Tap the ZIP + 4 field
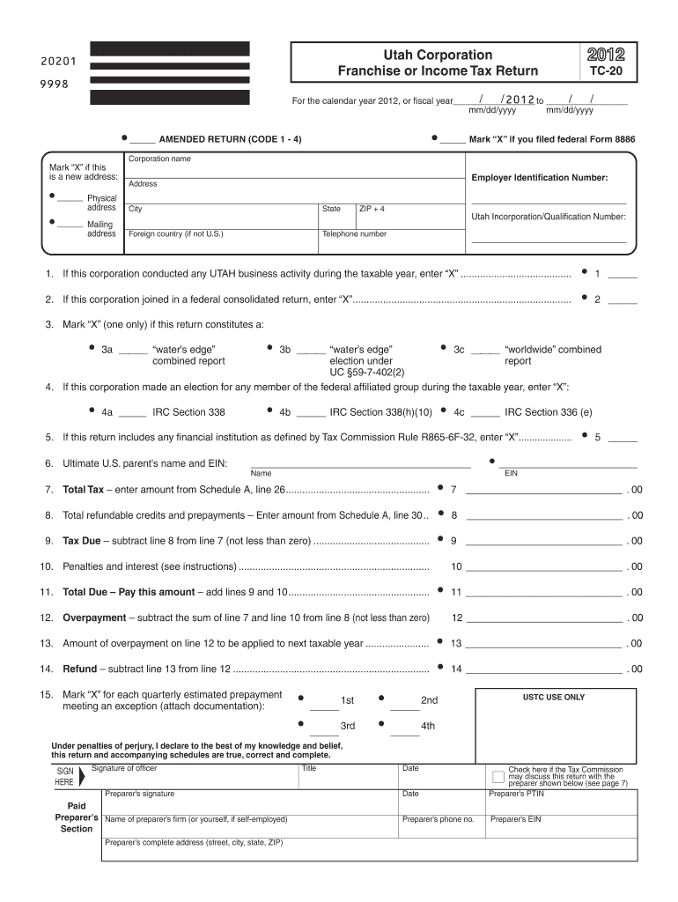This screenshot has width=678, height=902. (409, 216)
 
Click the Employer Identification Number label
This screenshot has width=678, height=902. (539, 178)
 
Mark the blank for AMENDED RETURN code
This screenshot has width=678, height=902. (142, 140)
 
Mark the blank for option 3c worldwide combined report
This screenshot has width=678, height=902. (485, 351)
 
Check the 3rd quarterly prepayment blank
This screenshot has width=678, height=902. (324, 728)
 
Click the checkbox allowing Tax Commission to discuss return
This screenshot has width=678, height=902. (497, 777)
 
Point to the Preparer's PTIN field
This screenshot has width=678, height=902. (561, 801)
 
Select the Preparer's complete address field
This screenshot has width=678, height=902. (370, 848)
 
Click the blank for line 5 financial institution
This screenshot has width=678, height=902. (623, 438)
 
